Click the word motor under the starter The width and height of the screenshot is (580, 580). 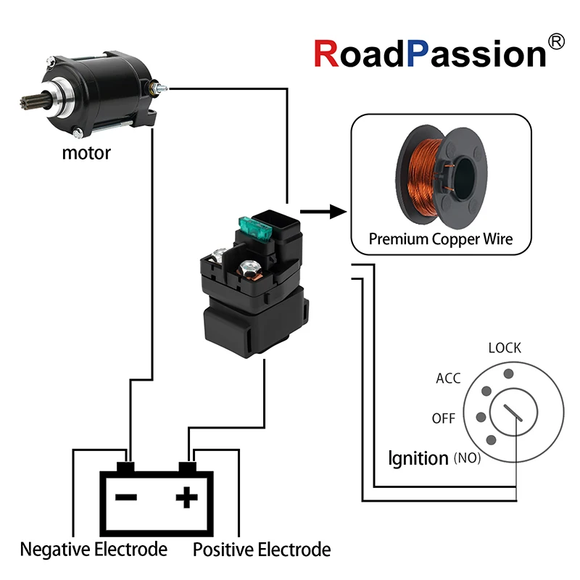[x=86, y=153]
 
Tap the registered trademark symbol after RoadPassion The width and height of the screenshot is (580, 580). [x=556, y=43]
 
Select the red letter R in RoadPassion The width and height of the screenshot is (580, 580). [x=328, y=54]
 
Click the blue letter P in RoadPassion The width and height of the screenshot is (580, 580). [x=422, y=54]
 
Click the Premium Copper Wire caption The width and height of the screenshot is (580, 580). [x=441, y=239]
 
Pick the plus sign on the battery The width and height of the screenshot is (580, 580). [x=187, y=497]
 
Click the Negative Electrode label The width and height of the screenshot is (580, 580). [x=94, y=550]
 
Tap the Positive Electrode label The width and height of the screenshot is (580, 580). [x=262, y=550]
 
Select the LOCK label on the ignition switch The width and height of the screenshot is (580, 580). [x=505, y=348]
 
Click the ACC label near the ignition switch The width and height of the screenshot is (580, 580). [x=448, y=378]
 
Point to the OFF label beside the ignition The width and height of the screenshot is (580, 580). [x=443, y=419]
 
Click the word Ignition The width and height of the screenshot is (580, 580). [x=418, y=458]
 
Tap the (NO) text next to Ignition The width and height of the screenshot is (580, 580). [x=467, y=459]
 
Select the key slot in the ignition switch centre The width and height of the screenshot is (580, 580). [x=515, y=414]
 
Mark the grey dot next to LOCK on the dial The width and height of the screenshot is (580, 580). [x=508, y=373]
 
